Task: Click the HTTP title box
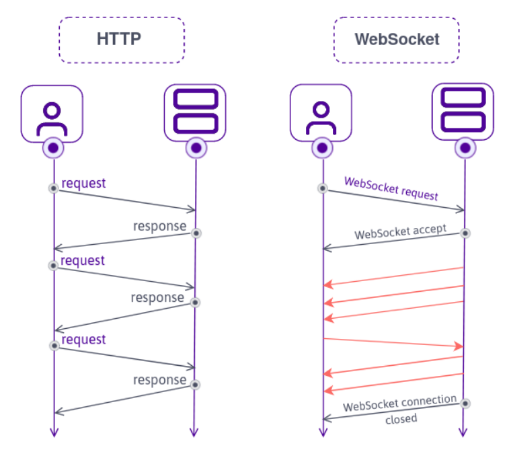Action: (x=121, y=40)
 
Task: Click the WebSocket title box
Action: (x=396, y=40)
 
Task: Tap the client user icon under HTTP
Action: (x=52, y=114)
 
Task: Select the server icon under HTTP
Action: (x=195, y=112)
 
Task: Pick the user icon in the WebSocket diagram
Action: (x=321, y=114)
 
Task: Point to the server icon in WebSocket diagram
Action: (x=463, y=112)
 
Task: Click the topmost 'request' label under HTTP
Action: (x=84, y=183)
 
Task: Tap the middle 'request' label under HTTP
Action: (x=83, y=260)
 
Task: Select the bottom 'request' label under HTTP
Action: (x=84, y=340)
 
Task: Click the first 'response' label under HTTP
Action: (x=159, y=226)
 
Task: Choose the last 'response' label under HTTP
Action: (x=159, y=380)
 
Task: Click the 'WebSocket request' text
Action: (x=391, y=190)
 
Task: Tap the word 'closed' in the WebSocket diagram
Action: (x=401, y=419)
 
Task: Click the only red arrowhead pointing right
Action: (x=459, y=346)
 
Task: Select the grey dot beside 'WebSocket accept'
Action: (x=464, y=233)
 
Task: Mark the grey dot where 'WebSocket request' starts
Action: (x=323, y=188)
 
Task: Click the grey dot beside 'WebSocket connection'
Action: (x=464, y=403)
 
